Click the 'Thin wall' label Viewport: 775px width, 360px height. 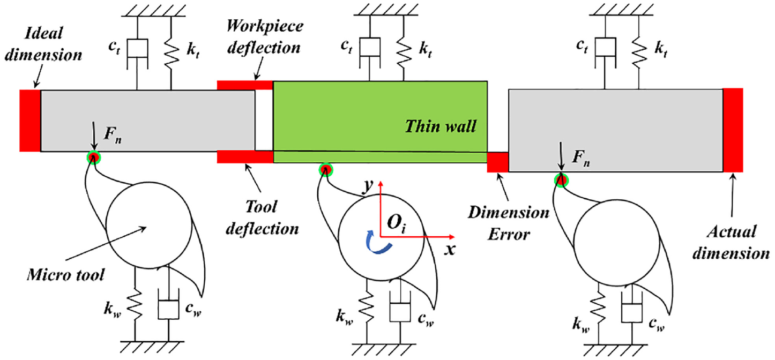[441, 126]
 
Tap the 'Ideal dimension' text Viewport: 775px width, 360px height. [43, 44]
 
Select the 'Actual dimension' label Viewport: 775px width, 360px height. [731, 243]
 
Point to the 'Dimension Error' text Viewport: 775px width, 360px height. [509, 223]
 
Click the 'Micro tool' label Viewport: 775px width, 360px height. [65, 275]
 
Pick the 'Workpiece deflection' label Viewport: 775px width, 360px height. [265, 36]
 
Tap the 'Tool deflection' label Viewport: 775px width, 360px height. [262, 218]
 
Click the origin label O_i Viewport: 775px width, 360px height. [397, 222]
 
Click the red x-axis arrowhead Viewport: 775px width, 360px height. [451, 237]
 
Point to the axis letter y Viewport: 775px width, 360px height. [368, 186]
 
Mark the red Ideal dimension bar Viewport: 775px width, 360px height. [30, 121]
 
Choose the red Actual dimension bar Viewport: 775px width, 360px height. [733, 130]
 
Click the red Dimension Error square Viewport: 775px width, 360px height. [498, 162]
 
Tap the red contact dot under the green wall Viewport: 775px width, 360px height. [325, 170]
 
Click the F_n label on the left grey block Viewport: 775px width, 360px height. [113, 134]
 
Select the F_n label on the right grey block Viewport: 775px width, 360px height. [581, 159]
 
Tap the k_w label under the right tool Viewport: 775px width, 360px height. [581, 325]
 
